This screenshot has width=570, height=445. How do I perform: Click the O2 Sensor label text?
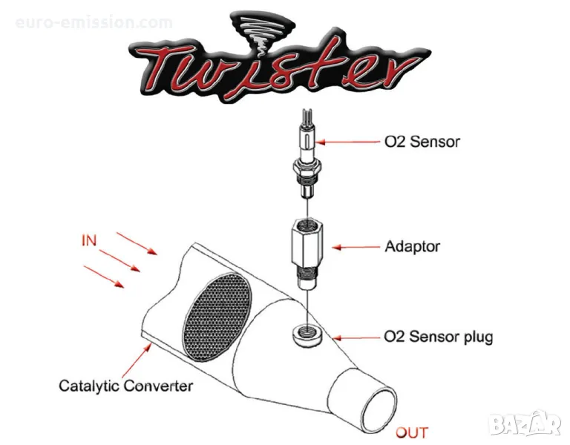(x=422, y=141)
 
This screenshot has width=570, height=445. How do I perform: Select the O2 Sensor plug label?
(x=438, y=337)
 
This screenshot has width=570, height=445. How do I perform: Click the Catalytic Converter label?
(x=126, y=386)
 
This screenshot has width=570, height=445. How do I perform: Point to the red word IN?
(x=90, y=241)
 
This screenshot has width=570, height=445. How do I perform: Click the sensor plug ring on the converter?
(x=304, y=334)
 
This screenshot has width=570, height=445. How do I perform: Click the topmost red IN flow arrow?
(x=137, y=243)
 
